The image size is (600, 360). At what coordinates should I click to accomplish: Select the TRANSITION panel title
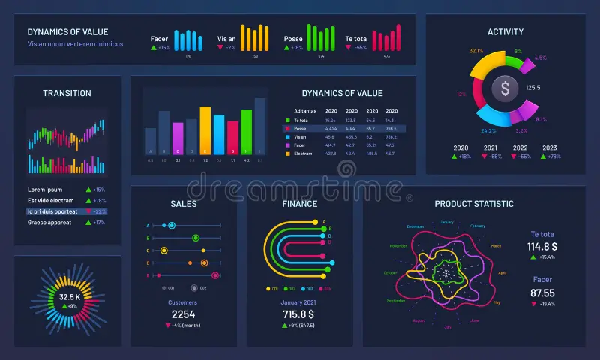tap(67, 93)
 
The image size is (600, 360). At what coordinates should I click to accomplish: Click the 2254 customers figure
tap(183, 314)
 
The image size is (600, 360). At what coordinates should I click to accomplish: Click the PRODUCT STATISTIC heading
tap(474, 204)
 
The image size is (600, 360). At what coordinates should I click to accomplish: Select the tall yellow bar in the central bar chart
tap(205, 129)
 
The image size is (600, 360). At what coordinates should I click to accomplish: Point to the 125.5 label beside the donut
tap(533, 88)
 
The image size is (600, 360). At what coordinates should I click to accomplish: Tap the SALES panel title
tap(184, 204)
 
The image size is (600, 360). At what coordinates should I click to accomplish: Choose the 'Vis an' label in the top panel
tap(227, 38)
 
